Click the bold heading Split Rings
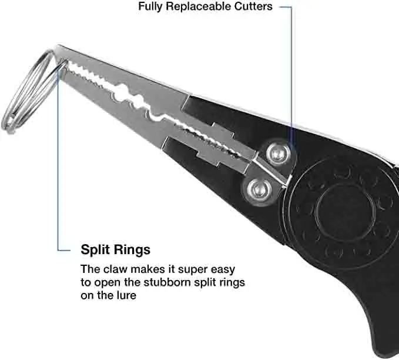pyautogui.click(x=115, y=249)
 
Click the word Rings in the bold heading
pyautogui.click(x=133, y=249)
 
